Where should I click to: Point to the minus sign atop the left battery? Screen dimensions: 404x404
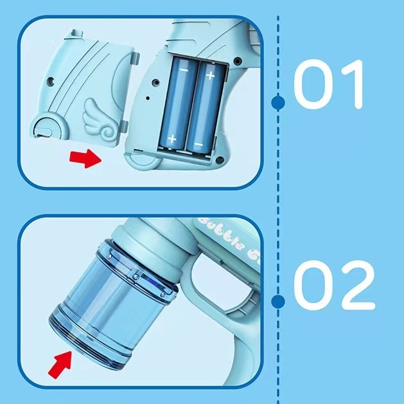182,67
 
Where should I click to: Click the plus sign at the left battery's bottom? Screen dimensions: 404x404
172,138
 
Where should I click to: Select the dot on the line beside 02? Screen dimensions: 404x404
278,301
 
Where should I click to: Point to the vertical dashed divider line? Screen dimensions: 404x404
278,193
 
